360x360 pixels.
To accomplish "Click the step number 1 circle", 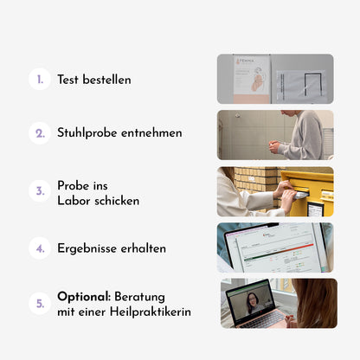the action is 40,79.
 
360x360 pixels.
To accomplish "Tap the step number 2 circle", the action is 40,133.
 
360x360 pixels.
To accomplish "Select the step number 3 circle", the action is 40,191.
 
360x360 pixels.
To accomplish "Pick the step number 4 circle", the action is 40,248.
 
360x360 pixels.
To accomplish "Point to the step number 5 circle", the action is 40,304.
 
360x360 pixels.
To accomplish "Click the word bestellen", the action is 106,80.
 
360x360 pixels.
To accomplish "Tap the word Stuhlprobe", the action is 87,133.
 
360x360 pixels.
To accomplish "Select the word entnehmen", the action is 151,133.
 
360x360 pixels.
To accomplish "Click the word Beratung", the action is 139,297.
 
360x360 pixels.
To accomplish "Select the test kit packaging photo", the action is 275,79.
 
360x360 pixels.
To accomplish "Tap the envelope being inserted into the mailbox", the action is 300,196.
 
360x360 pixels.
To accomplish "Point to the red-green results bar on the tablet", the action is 279,252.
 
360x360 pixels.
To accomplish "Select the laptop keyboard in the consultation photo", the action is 264,319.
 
